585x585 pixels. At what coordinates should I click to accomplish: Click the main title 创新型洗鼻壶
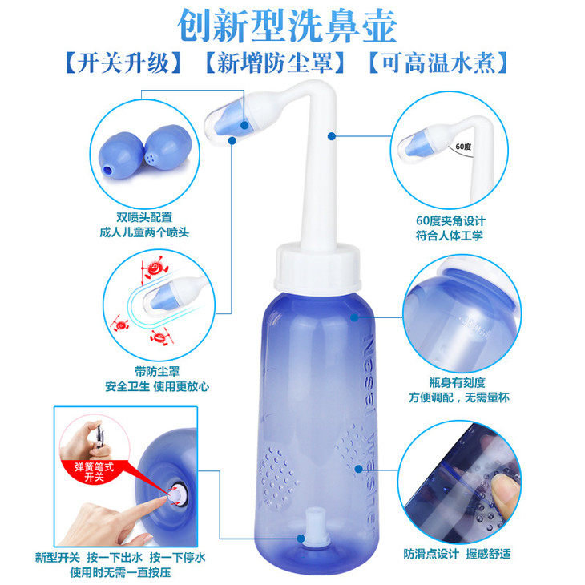[287, 26]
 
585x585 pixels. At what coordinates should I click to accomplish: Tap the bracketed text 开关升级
[123, 63]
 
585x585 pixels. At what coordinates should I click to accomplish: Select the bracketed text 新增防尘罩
[274, 63]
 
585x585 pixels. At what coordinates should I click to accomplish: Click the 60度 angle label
[463, 147]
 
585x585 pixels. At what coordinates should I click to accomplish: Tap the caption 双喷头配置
[144, 217]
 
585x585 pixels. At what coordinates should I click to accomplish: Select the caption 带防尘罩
[157, 371]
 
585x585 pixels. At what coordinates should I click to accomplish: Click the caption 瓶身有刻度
[458, 382]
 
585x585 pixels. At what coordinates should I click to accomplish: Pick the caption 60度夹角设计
[450, 220]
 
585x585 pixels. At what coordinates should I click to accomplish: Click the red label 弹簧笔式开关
[94, 472]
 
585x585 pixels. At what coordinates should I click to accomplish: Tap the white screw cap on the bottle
[318, 267]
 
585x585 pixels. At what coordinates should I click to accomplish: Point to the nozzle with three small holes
[167, 147]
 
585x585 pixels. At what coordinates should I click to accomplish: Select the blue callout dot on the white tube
[331, 136]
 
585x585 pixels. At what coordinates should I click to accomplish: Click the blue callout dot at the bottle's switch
[301, 539]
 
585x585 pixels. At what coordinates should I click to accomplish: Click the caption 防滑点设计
[431, 554]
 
